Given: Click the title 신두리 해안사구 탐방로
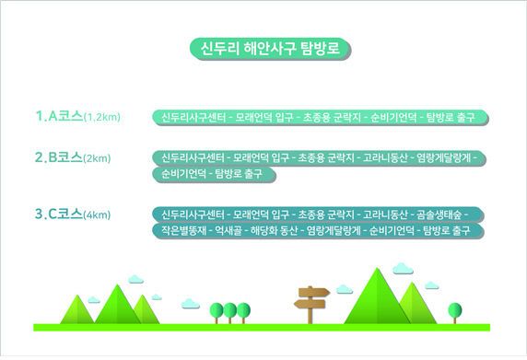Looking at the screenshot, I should [263, 48].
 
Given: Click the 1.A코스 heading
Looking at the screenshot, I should [59, 117].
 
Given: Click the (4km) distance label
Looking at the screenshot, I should [97, 215].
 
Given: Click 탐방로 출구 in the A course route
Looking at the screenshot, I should [456, 118].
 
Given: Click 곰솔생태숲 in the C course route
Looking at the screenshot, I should [446, 215].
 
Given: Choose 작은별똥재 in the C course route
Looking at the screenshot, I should [181, 230].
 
